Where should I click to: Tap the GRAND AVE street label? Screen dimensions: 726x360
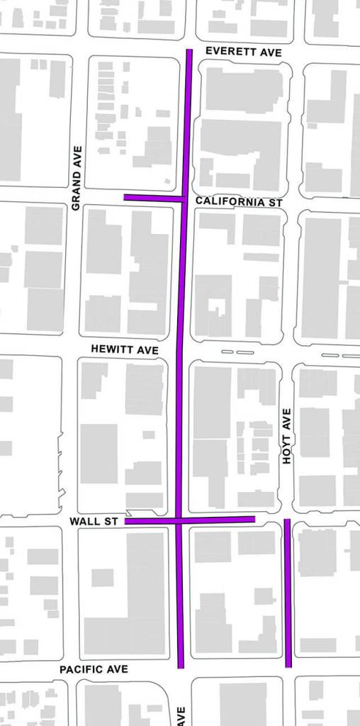77,178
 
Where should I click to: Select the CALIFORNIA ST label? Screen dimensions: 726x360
239,202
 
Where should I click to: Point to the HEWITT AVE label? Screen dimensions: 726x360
125,350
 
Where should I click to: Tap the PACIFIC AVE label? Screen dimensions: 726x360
94,669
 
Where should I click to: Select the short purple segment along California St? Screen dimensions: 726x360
152,198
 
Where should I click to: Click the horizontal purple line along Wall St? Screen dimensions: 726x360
213,520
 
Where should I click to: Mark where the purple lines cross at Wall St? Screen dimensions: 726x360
179,520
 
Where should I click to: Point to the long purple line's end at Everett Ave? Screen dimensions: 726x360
189,50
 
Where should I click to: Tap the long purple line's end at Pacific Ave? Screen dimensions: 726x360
181,666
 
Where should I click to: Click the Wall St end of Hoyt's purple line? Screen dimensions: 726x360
287,520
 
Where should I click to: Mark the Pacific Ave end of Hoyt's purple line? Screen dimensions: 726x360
288,666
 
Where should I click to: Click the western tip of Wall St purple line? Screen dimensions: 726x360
126,521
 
